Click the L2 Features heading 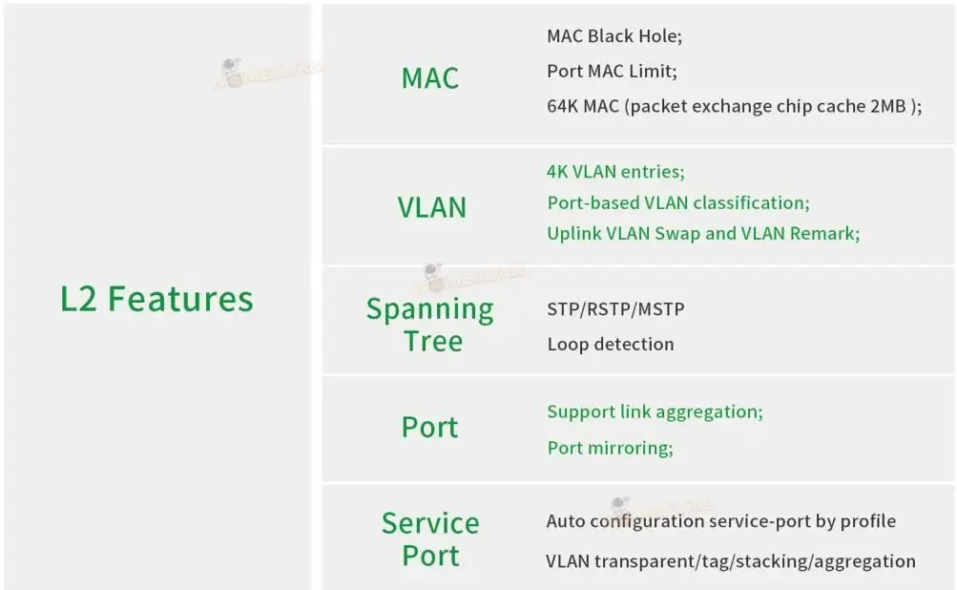[156, 299]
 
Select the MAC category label [429, 78]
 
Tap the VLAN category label [431, 207]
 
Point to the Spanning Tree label [430, 325]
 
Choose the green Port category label [429, 428]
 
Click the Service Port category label [430, 539]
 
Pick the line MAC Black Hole [614, 36]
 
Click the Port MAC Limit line [612, 71]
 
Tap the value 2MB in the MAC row [887, 106]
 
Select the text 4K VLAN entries [615, 172]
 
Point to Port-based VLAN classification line [677, 202]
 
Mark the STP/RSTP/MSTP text [615, 309]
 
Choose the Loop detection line [611, 344]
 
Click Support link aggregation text [655, 411]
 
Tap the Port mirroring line [610, 447]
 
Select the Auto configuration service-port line [720, 521]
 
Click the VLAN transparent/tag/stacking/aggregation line [731, 560]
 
